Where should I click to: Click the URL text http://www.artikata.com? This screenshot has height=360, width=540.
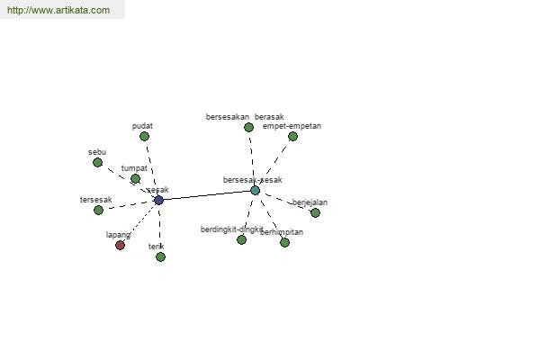pyautogui.click(x=58, y=11)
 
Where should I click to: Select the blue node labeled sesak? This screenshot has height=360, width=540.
pyautogui.click(x=159, y=200)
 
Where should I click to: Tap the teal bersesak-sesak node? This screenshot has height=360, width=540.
pyautogui.click(x=256, y=190)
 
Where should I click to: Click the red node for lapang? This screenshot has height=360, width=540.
pyautogui.click(x=121, y=245)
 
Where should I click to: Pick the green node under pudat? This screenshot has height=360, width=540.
pyautogui.click(x=144, y=137)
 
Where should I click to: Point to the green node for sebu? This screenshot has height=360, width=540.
pyautogui.click(x=98, y=163)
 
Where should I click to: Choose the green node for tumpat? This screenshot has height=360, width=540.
pyautogui.click(x=135, y=179)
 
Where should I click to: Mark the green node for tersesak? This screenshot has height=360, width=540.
pyautogui.click(x=99, y=210)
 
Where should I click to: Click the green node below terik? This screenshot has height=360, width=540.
pyautogui.click(x=160, y=256)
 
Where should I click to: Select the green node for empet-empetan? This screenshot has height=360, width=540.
pyautogui.click(x=292, y=137)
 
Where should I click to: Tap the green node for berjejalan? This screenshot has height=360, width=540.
pyautogui.click(x=315, y=212)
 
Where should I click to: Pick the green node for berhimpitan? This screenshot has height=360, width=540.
pyautogui.click(x=284, y=242)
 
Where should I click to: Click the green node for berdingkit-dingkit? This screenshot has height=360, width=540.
pyautogui.click(x=241, y=239)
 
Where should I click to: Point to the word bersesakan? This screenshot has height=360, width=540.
pyautogui.click(x=228, y=117)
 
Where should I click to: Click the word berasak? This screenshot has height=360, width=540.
pyautogui.click(x=269, y=117)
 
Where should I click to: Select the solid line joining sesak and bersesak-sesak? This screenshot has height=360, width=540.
pyautogui.click(x=207, y=194)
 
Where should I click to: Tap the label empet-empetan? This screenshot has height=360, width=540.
pyautogui.click(x=292, y=126)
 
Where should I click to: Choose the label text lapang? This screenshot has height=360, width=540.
pyautogui.click(x=118, y=235)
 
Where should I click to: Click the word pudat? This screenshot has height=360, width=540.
pyautogui.click(x=141, y=126)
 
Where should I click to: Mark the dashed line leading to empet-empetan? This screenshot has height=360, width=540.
pyautogui.click(x=274, y=163)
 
